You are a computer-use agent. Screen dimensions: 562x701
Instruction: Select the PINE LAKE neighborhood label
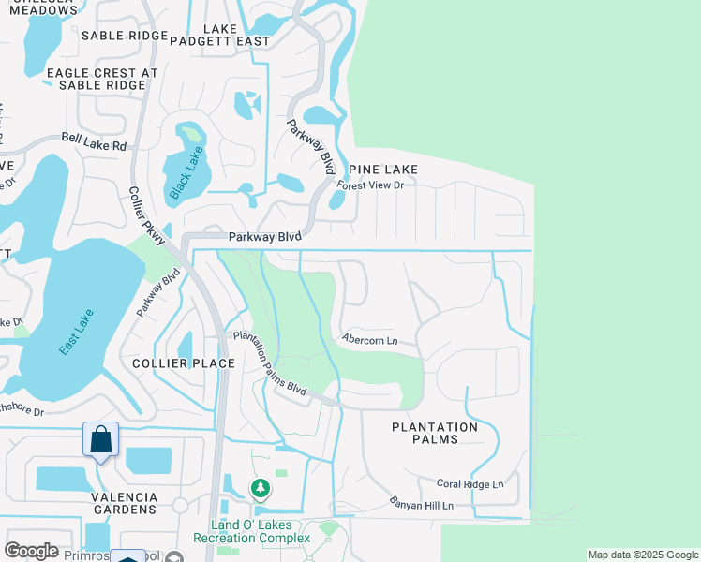(382, 169)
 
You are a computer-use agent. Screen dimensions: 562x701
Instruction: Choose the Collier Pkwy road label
(147, 216)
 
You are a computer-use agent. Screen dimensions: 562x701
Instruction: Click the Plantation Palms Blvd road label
(270, 363)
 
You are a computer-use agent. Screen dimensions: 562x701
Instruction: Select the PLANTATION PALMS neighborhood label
(434, 433)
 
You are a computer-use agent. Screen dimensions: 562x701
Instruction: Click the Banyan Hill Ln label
(423, 506)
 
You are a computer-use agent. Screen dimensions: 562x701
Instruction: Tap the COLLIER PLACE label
(175, 363)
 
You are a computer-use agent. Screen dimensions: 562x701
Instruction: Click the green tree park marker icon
(261, 488)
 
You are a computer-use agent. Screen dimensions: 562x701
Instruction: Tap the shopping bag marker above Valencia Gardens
(100, 439)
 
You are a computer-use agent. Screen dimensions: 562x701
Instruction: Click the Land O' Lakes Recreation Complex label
(251, 531)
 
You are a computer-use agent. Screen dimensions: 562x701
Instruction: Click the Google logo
(31, 551)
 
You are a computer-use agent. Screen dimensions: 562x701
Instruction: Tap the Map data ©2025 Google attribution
(643, 555)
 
